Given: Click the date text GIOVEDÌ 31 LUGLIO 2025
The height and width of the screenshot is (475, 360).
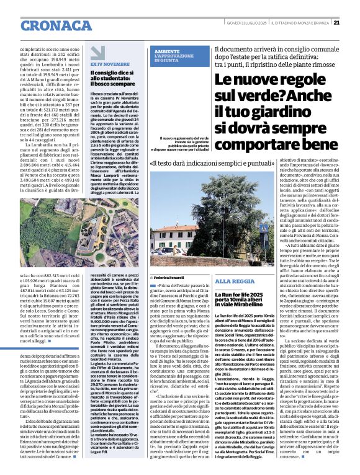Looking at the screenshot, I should pyautogui.click(x=246, y=22).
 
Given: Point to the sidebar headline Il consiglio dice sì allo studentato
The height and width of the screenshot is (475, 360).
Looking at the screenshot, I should pyautogui.click(x=114, y=78).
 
